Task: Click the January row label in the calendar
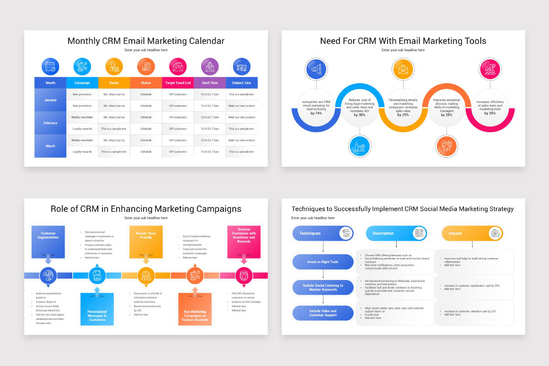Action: (50, 100)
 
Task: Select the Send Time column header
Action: (210, 83)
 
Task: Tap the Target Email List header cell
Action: (178, 83)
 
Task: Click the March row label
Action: (50, 146)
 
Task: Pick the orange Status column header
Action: (146, 83)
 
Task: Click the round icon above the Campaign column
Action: (82, 66)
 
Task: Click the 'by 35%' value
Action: (490, 113)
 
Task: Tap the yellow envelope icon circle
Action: (403, 70)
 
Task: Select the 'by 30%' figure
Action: (360, 115)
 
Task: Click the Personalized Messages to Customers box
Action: (97, 309)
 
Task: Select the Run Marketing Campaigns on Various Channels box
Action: (195, 309)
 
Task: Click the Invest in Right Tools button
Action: (323, 262)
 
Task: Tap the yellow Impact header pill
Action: (472, 233)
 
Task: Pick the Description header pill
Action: (396, 233)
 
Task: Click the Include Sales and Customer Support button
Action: (323, 313)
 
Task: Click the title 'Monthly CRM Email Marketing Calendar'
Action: (146, 41)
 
